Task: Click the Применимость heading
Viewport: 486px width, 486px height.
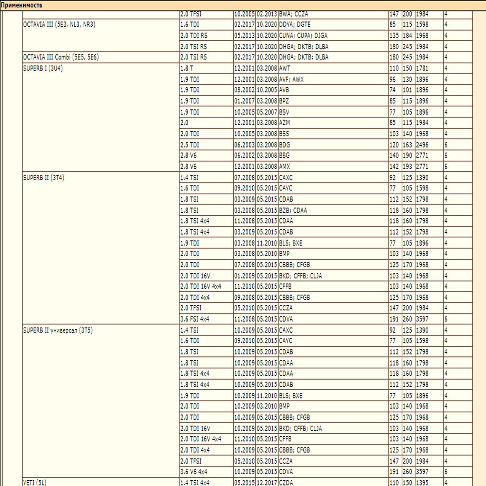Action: tap(22, 5)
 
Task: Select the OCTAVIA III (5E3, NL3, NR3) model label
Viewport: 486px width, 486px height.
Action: tap(59, 25)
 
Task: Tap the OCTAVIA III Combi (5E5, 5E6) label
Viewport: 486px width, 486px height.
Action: tap(61, 57)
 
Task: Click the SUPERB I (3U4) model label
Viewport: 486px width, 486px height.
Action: tap(43, 68)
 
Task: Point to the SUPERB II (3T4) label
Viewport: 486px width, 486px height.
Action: tap(43, 178)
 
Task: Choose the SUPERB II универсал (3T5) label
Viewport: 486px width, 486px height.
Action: tap(58, 330)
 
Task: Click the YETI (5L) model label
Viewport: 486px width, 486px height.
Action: tap(35, 482)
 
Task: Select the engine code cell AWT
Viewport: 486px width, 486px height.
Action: tap(285, 68)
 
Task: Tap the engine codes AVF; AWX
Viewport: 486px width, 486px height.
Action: tap(291, 79)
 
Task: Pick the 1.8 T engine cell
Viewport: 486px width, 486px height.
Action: tap(187, 68)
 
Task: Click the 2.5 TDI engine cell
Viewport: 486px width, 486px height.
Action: tap(190, 145)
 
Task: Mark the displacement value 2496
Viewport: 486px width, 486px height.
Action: tap(422, 145)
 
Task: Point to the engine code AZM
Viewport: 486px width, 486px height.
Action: tap(284, 123)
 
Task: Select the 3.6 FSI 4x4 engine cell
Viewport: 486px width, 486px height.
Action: tap(194, 319)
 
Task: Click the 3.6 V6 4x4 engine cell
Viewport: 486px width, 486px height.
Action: tap(193, 472)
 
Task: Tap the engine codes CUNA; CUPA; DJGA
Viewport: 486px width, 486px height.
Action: tap(303, 36)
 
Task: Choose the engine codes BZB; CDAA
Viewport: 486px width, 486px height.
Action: tap(293, 210)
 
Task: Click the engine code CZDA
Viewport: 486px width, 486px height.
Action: tap(286, 482)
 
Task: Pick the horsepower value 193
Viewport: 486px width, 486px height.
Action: tap(407, 166)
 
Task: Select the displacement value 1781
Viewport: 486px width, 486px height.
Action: tap(422, 68)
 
